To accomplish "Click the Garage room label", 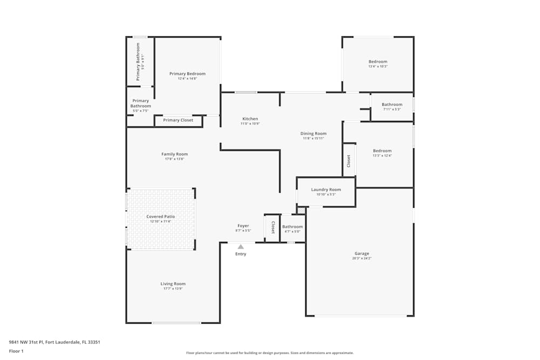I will coord(361,254).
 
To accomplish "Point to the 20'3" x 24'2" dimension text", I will coord(361,259).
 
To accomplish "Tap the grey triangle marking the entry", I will coord(241,247).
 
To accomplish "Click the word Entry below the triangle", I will coord(241,254).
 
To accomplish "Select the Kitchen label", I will coord(250,119).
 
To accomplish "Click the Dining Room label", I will coord(313,133).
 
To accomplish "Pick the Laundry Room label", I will coord(326,189).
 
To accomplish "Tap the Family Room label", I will coord(174,154).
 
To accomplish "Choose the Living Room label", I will coord(173,283).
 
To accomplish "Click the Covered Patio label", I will coord(160,216).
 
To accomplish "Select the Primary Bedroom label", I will coord(187,73).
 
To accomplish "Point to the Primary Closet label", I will coord(178,120).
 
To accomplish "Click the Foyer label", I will coord(243,226).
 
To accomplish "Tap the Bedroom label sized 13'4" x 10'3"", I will coord(378,62).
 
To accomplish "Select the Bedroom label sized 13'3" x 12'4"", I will coord(382,151).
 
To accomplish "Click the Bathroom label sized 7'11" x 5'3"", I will coord(392,104).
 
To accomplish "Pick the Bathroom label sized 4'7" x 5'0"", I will coord(292,227).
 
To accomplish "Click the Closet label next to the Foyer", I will coord(273,227).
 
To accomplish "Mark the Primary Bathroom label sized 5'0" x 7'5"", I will coord(140,103).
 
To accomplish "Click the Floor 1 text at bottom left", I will coord(16,351).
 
